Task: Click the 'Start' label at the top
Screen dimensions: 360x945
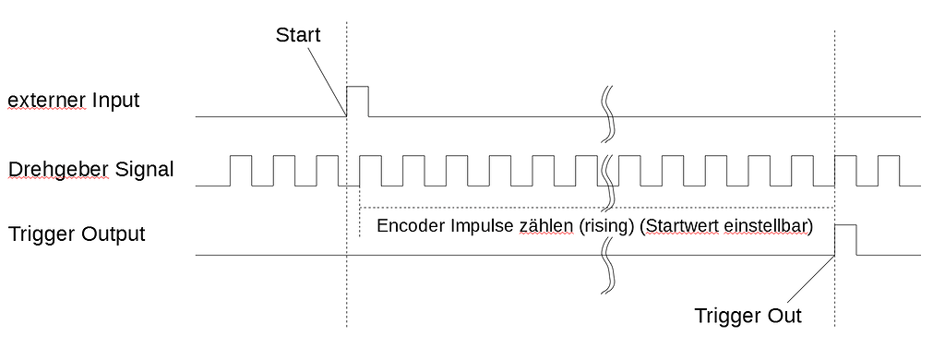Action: pyautogui.click(x=297, y=35)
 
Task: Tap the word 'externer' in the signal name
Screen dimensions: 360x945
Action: pyautogui.click(x=47, y=99)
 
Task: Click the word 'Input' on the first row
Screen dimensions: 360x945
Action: pyautogui.click(x=115, y=99)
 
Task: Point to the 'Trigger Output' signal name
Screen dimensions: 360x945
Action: pyautogui.click(x=77, y=234)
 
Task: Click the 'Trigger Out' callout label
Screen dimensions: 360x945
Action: pyautogui.click(x=748, y=316)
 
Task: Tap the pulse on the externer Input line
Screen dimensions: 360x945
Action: pyautogui.click(x=357, y=102)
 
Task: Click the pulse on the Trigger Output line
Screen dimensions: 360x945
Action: pyautogui.click(x=845, y=239)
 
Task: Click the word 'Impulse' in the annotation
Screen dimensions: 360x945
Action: pyautogui.click(x=485, y=226)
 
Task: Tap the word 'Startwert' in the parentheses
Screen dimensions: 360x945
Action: pyautogui.click(x=679, y=226)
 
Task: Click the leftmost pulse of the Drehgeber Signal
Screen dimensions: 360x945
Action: pyautogui.click(x=240, y=171)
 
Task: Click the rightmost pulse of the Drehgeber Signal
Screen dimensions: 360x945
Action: pyautogui.click(x=889, y=171)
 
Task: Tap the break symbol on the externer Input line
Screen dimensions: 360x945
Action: pyautogui.click(x=609, y=114)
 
